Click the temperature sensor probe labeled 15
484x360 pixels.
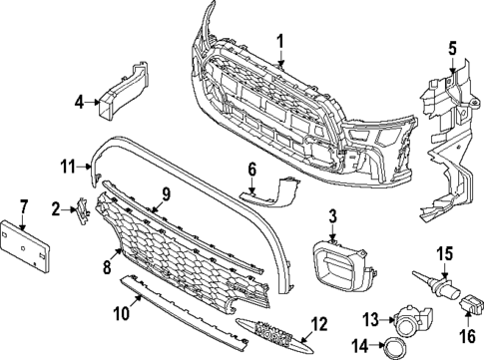(x=429, y=284)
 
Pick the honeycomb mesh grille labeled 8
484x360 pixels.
(x=190, y=244)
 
